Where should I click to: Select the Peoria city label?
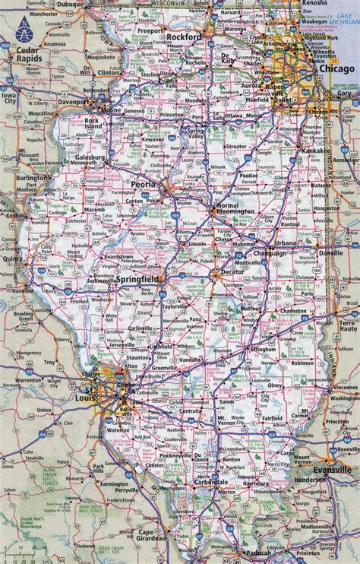click(x=144, y=185)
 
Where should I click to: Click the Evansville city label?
click(x=335, y=469)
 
